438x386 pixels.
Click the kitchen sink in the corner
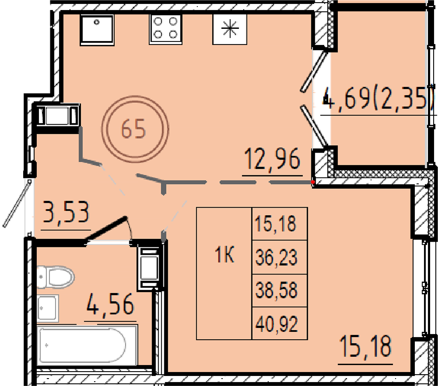(97, 30)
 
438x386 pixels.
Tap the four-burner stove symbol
(166, 29)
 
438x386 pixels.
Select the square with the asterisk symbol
(230, 29)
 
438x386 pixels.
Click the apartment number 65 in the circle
(134, 129)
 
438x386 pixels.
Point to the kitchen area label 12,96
(272, 159)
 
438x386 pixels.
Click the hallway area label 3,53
(66, 212)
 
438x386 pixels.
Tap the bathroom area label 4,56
(111, 304)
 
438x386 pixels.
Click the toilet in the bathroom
(55, 277)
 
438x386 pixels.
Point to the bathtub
(87, 345)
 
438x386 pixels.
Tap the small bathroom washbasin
(47, 308)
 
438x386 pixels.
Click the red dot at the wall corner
(313, 182)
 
